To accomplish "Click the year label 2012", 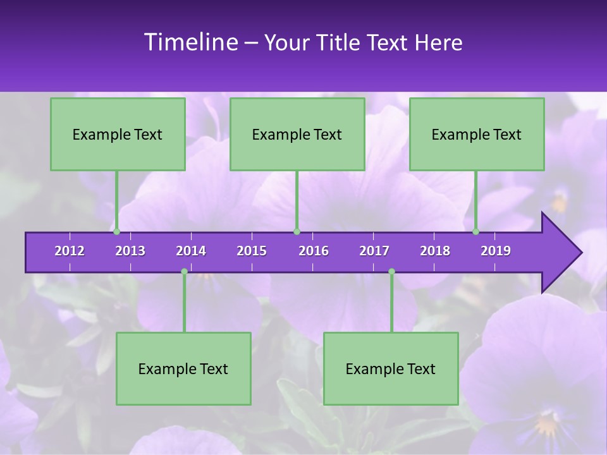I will pos(70,251).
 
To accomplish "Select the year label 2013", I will pos(130,251).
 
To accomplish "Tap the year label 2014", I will pos(191,251).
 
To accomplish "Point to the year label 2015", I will pos(252,251).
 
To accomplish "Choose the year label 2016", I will pos(314,251).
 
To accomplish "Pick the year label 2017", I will pos(374,251).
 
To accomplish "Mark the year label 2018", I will pos(435,251).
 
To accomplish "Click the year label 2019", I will pos(496,251).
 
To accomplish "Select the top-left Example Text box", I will pos(118,135).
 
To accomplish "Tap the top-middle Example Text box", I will pos(297,135).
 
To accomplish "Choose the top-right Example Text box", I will pos(477,135).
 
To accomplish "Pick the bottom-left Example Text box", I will pos(183,369).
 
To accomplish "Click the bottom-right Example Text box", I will pos(391,369).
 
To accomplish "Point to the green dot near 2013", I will pos(117,232).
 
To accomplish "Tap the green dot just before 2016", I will pos(297,232).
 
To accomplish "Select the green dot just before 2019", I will pos(476,232).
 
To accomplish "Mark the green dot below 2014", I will pos(184,272).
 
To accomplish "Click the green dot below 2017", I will pos(391,272).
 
